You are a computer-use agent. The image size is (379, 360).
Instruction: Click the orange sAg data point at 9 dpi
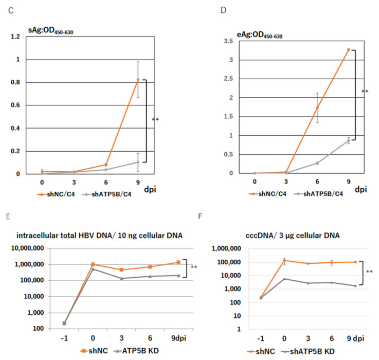pos(138,80)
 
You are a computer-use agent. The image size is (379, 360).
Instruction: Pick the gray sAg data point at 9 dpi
pos(138,162)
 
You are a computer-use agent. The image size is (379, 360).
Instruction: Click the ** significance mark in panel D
pos(366,92)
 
